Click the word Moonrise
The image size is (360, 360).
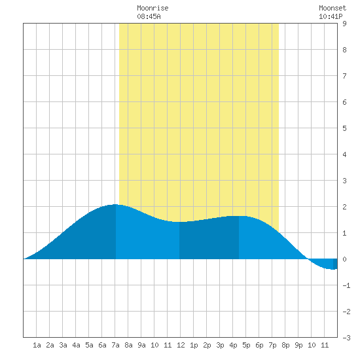point(153,8)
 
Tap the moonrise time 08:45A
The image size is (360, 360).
point(149,16)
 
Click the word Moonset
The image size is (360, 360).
point(333,8)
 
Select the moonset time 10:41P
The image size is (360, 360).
point(331,16)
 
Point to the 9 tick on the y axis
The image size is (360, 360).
point(344,24)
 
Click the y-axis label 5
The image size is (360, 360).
point(344,128)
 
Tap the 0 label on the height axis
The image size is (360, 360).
point(344,259)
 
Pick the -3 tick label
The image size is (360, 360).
point(346,338)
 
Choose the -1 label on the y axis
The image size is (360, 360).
point(346,285)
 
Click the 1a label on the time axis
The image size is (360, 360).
point(37,345)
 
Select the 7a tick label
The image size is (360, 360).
point(115,345)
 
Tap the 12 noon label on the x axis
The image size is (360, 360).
point(181,345)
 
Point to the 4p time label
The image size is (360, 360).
point(233,345)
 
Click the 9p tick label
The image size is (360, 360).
point(298,345)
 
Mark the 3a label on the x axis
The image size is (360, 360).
point(63,345)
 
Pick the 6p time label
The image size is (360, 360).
point(259,345)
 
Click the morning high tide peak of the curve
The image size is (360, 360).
point(115,205)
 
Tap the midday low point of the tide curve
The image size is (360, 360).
point(179,222)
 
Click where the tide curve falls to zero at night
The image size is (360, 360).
point(308,259)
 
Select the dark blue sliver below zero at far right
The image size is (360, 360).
point(335,264)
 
